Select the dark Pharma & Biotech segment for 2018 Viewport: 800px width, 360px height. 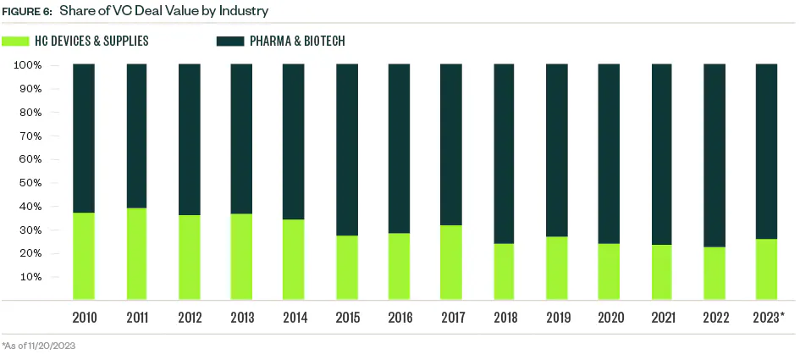click(x=504, y=153)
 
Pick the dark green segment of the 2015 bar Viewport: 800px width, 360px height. click(x=346, y=149)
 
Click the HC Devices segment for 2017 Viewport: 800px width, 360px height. click(x=451, y=262)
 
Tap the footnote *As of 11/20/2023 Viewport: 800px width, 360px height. click(x=39, y=346)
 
